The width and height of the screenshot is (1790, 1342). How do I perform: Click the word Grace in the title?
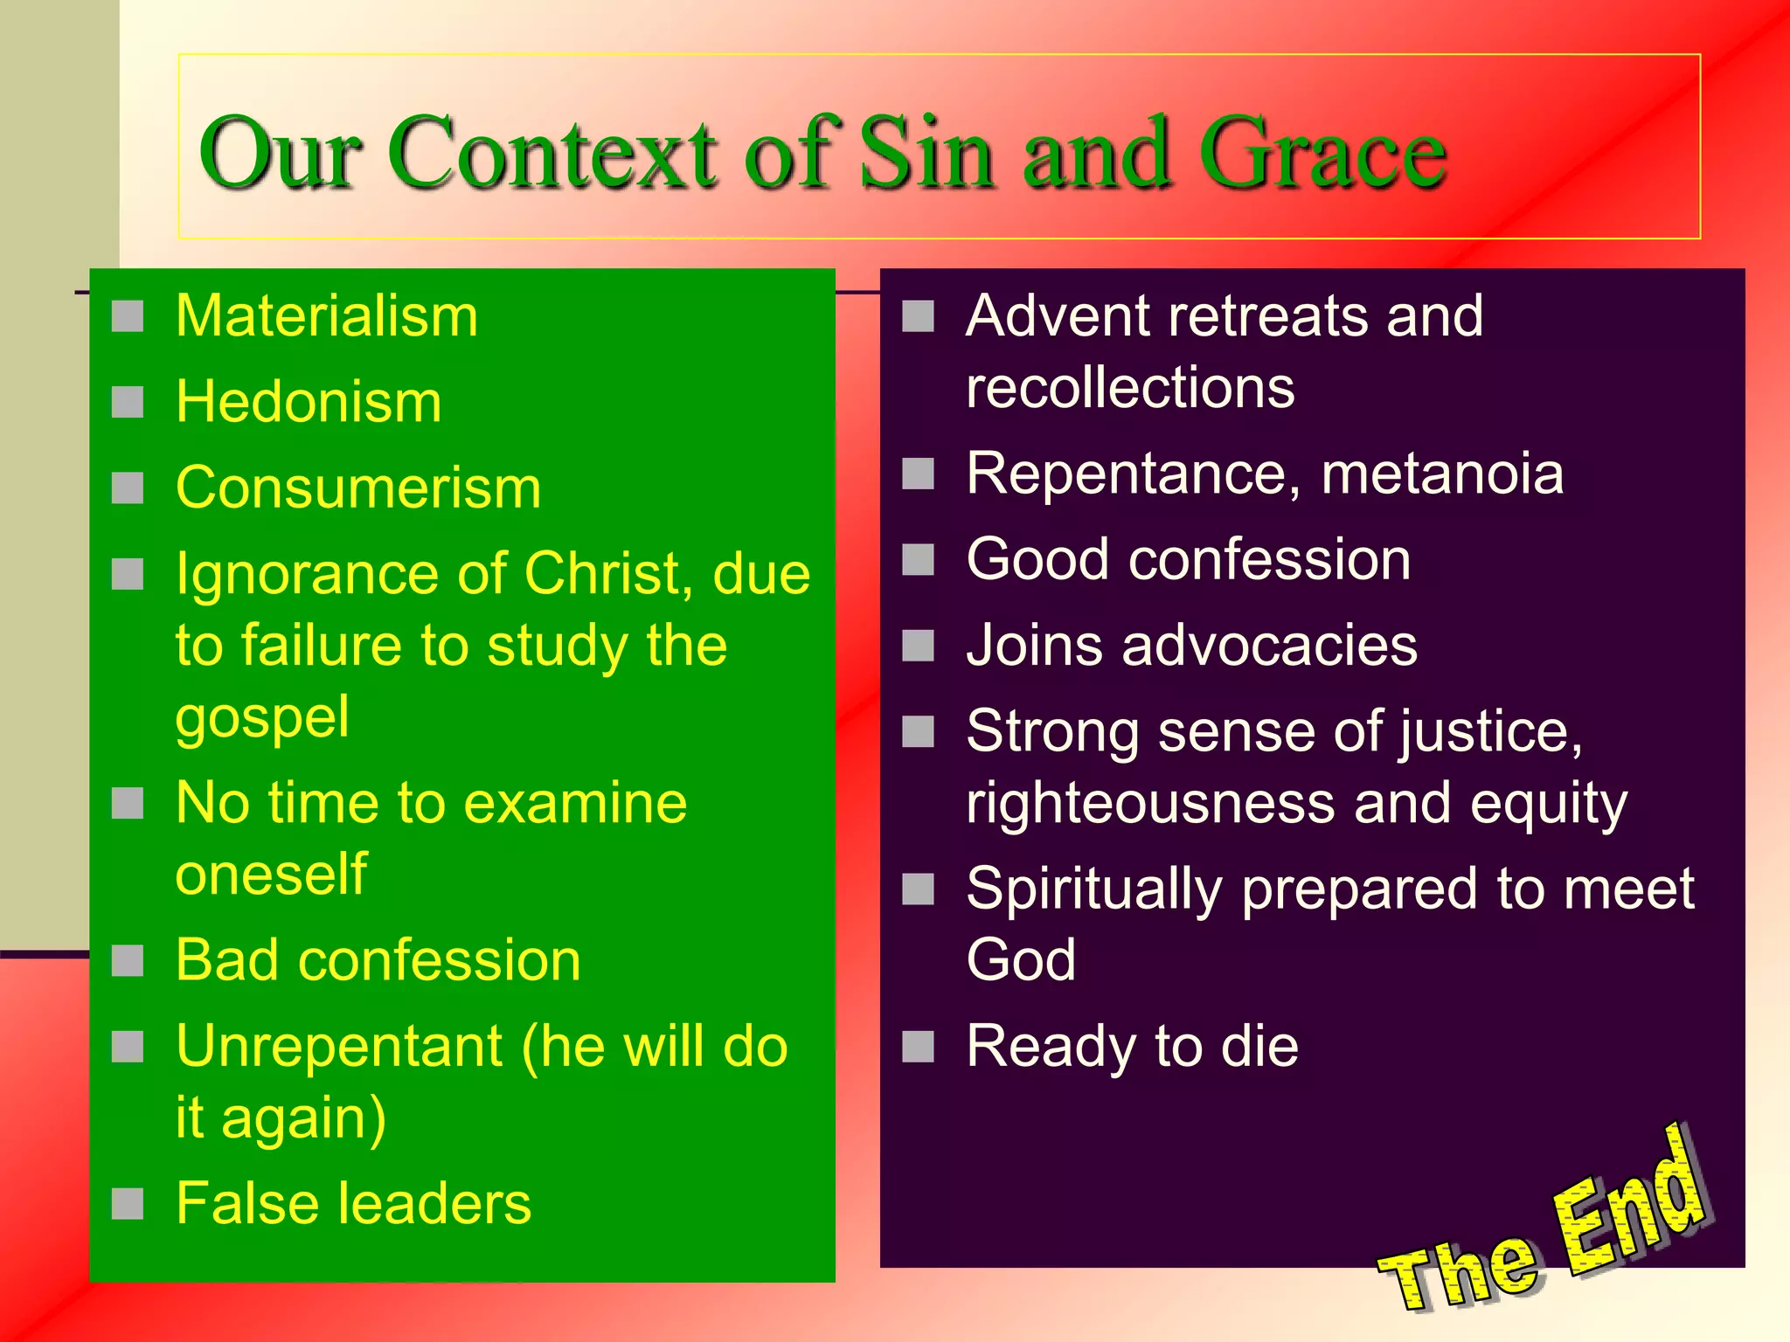(1322, 155)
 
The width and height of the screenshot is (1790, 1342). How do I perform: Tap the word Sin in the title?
(926, 155)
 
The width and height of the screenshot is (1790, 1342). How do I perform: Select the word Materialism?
(327, 315)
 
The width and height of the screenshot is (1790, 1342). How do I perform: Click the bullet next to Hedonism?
(128, 403)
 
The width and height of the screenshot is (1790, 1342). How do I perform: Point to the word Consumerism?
(358, 488)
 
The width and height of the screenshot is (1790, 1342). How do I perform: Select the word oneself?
(271, 874)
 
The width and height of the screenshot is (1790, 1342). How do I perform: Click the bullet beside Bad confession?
(128, 961)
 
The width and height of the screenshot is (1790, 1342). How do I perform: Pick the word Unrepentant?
(339, 1046)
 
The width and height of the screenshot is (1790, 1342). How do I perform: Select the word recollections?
(1130, 387)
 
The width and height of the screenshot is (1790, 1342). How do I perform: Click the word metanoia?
(1442, 474)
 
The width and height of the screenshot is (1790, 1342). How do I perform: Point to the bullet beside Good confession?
(918, 560)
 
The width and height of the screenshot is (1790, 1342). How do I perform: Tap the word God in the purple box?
(1021, 960)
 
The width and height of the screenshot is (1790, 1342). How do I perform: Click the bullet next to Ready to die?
(918, 1046)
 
